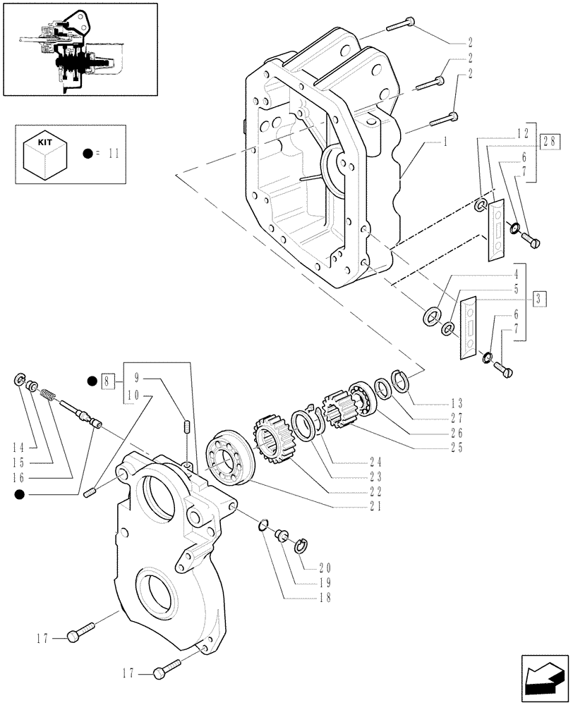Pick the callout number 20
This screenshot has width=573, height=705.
(325, 566)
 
